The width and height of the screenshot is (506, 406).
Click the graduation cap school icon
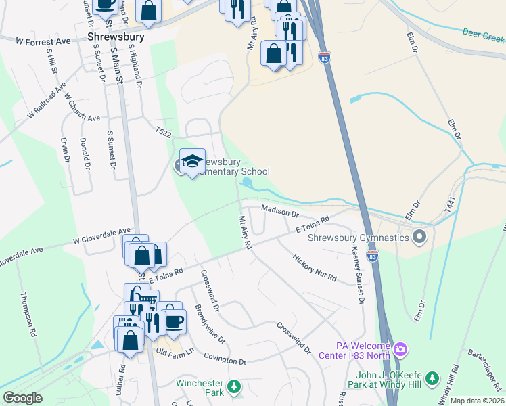coord(192,161)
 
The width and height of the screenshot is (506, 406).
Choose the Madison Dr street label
coord(279,212)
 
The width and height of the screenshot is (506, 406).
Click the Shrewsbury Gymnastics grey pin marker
coord(419,238)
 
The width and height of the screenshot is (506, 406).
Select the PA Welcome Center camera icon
coord(400,349)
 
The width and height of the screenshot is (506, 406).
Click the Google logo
coord(22,397)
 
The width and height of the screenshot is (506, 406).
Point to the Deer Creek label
coord(483,32)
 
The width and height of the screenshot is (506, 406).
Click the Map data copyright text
coord(477,401)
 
